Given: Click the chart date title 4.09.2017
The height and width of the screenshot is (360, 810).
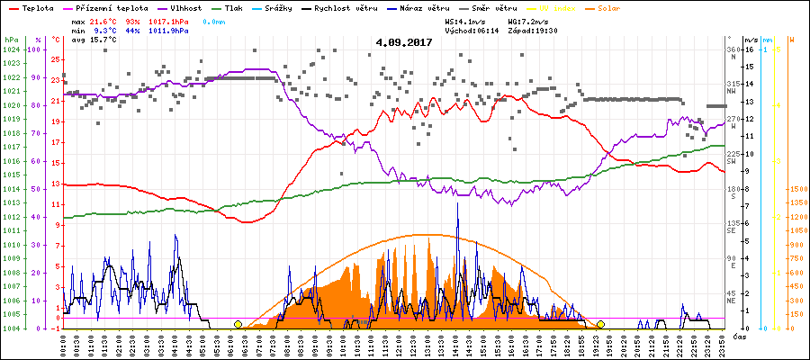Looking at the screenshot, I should point(405,41).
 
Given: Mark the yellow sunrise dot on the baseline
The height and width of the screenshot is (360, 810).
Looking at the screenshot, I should point(238,324).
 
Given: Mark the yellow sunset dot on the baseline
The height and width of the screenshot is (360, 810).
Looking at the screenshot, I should point(600,324).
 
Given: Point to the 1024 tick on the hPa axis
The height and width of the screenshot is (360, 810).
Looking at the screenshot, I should point(11,50).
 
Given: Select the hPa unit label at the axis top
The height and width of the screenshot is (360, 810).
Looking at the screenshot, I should point(11,40).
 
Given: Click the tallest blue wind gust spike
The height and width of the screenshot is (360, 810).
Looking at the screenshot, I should point(458,205).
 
